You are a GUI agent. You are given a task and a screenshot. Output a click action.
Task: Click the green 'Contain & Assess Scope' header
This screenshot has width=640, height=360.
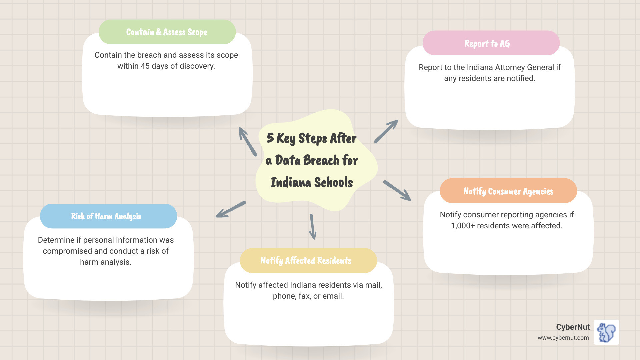167,32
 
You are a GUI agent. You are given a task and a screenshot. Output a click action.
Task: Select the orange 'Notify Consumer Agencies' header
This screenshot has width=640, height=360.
508,191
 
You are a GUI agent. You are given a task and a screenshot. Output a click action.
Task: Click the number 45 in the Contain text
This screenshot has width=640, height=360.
145,66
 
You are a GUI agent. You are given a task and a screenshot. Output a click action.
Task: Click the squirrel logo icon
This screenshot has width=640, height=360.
606,332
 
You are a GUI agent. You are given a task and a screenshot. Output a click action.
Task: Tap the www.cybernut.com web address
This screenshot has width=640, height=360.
563,338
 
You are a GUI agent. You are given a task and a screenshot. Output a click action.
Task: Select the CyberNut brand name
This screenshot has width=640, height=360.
573,327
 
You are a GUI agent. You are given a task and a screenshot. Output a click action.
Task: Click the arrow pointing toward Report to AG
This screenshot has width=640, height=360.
386,131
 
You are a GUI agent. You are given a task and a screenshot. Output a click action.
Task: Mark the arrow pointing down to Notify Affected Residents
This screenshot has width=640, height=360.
313,227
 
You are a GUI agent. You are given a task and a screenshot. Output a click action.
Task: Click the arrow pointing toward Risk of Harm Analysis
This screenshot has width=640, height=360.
230,210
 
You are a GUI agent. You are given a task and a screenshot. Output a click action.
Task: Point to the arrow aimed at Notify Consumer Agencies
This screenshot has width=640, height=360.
397,191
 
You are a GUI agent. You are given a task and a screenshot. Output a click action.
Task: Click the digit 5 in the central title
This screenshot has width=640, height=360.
270,138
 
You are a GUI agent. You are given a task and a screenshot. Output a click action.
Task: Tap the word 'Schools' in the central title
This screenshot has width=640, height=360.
333,183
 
